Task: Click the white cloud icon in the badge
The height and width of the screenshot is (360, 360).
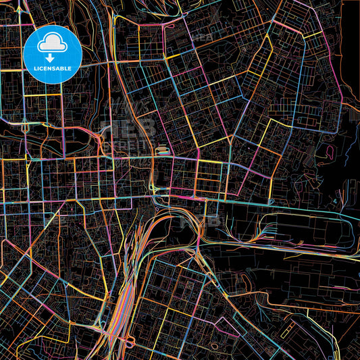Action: click(x=52, y=44)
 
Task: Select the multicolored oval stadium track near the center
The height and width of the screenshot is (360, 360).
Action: click(x=162, y=152)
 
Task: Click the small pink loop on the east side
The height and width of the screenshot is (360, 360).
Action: click(x=330, y=149)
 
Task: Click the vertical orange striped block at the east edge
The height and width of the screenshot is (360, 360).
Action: click(x=351, y=115)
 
